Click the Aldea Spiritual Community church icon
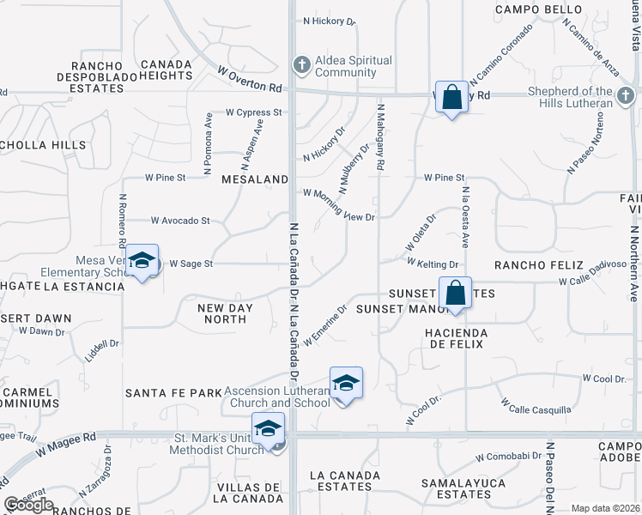pos(301,64)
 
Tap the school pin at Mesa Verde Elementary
pos(142,262)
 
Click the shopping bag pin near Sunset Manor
pos(457,293)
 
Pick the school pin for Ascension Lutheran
pos(346,384)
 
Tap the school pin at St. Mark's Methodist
pos(268,430)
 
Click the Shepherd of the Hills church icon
pos(626,94)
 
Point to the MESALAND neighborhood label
pos(254,180)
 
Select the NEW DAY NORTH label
pos(221,313)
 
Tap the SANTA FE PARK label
pos(173,393)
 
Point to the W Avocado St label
pos(180,221)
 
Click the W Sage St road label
pos(191,264)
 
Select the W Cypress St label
pos(254,112)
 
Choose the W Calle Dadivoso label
pos(592,281)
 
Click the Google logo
pos(28,505)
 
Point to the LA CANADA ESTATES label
pos(344,481)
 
